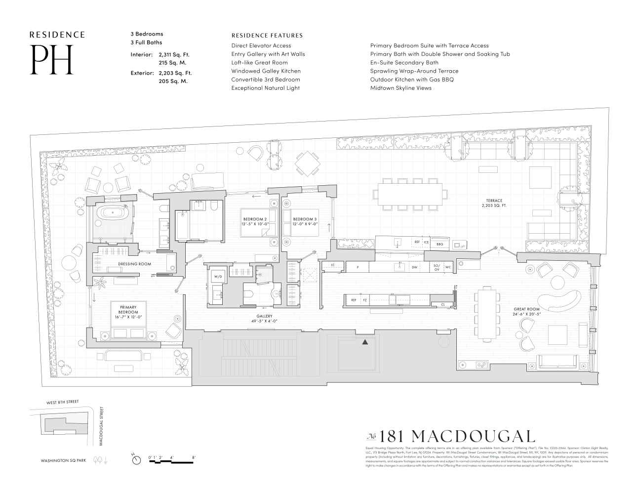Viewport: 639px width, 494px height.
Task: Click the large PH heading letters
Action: click(x=52, y=60)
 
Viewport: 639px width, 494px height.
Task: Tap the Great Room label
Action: click(x=527, y=312)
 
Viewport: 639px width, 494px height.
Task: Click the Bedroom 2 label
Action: click(x=255, y=221)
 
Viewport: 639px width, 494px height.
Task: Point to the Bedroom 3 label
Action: click(x=305, y=221)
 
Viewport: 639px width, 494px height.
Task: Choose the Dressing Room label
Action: click(x=134, y=264)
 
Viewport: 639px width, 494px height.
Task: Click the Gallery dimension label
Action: click(x=264, y=319)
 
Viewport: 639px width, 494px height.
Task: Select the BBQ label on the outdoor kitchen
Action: click(x=439, y=244)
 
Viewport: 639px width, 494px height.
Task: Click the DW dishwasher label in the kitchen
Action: click(x=414, y=267)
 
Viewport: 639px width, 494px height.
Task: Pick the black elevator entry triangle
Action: click(x=365, y=342)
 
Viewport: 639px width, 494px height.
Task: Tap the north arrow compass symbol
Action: click(x=136, y=459)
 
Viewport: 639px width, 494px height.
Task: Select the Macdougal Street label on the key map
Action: click(x=101, y=426)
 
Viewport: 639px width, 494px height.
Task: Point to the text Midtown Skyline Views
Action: click(x=400, y=88)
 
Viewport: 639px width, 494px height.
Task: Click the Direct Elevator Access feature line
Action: click(x=261, y=45)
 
